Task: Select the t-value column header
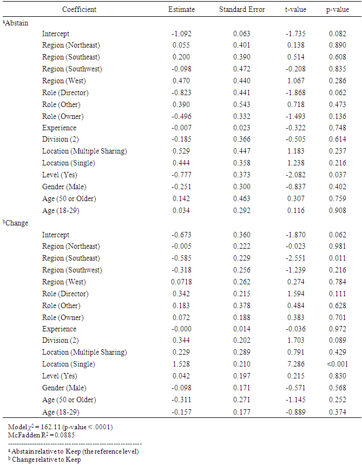click(x=295, y=10)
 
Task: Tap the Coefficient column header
click(x=80, y=10)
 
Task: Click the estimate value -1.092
click(x=181, y=34)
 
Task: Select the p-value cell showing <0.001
click(x=337, y=364)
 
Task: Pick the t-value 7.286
click(x=295, y=364)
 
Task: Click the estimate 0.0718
click(x=182, y=282)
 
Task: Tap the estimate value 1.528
click(x=181, y=364)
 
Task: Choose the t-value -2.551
click(x=295, y=258)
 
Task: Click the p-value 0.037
click(x=337, y=175)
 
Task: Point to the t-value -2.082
click(x=295, y=175)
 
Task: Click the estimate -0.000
click(x=181, y=329)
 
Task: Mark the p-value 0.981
click(x=337, y=246)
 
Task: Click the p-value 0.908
click(x=337, y=210)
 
